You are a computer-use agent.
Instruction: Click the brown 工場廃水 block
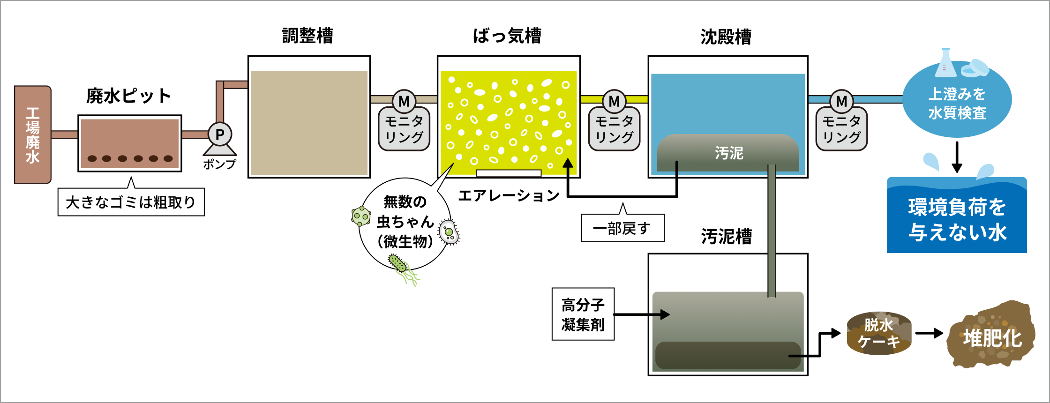click(x=32, y=134)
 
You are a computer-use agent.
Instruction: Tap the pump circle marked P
click(x=219, y=135)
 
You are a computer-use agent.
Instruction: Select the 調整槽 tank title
click(x=307, y=36)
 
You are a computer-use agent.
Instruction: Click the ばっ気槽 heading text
click(x=507, y=36)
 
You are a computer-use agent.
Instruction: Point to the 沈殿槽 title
click(x=726, y=37)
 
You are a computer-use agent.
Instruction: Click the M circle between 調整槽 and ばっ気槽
click(x=404, y=101)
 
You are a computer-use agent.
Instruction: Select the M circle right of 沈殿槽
click(x=841, y=101)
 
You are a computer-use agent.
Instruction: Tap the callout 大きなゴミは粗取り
click(x=131, y=202)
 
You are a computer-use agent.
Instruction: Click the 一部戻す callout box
click(x=622, y=228)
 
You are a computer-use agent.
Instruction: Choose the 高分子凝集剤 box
click(x=583, y=314)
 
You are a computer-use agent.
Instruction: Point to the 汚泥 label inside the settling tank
click(x=729, y=153)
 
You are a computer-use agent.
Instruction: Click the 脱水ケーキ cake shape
click(x=879, y=333)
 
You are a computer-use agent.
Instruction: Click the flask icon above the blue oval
click(x=945, y=63)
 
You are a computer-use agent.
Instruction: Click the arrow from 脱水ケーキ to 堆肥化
click(x=929, y=333)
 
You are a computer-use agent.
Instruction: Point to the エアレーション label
click(x=509, y=195)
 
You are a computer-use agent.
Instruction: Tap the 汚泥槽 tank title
click(x=726, y=237)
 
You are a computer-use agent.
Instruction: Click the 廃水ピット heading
click(x=129, y=96)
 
